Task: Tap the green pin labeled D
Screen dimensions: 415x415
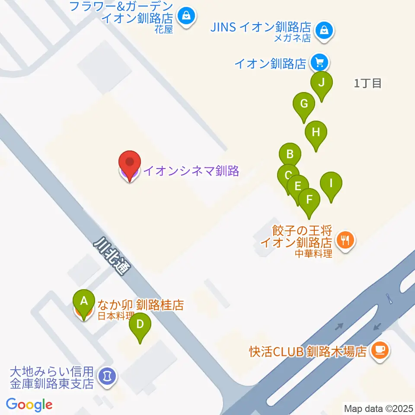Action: (x=139, y=324)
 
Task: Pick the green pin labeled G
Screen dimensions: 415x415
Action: (x=304, y=104)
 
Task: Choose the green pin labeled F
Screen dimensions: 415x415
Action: (x=309, y=200)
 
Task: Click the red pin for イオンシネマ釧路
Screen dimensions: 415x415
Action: (x=130, y=164)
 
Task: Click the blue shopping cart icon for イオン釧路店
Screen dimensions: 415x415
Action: (x=319, y=63)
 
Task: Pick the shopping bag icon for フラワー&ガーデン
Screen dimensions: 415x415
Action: (x=186, y=16)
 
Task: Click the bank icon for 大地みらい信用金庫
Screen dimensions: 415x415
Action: (x=106, y=376)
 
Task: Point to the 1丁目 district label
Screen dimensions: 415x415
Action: (x=367, y=84)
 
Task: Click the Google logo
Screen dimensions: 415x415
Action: (x=29, y=405)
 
